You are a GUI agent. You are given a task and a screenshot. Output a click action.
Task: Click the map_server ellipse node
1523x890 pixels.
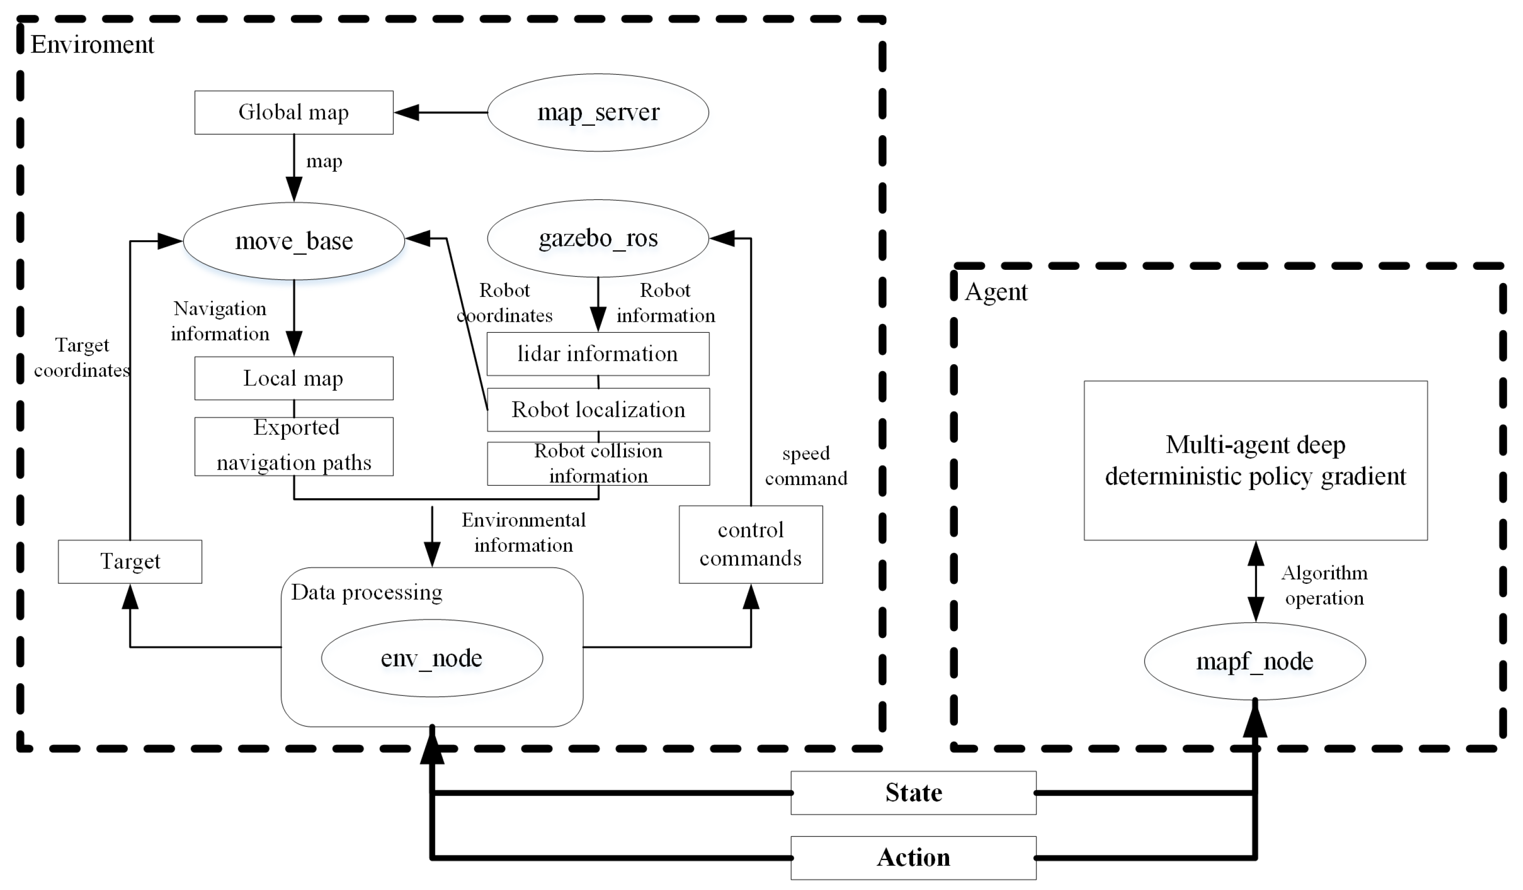pyautogui.click(x=597, y=113)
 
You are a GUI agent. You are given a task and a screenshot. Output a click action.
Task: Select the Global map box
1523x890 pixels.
pyautogui.click(x=294, y=113)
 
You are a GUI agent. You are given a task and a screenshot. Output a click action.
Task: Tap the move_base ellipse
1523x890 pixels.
pyautogui.click(x=294, y=241)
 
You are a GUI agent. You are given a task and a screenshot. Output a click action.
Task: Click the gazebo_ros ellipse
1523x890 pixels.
pyautogui.click(x=597, y=239)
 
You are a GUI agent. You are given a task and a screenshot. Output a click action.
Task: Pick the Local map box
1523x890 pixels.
pyautogui.click(x=294, y=378)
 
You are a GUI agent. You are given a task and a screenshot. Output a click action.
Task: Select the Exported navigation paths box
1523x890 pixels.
pyautogui.click(x=294, y=447)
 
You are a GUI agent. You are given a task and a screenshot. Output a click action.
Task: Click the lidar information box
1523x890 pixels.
pyautogui.click(x=597, y=354)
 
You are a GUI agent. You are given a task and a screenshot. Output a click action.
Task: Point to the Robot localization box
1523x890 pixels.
pyautogui.click(x=597, y=410)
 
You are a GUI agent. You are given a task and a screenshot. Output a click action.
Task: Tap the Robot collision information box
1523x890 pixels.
pyautogui.click(x=597, y=463)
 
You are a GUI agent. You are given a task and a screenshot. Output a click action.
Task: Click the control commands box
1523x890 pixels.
pyautogui.click(x=750, y=545)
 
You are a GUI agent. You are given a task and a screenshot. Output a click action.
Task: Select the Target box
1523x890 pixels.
pyautogui.click(x=130, y=561)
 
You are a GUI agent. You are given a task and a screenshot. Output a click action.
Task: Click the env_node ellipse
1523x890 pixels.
pyautogui.click(x=431, y=658)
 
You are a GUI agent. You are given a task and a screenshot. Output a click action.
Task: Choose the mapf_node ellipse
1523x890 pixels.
pyautogui.click(x=1254, y=661)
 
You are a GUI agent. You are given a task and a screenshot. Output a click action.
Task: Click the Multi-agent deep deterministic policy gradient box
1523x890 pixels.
pyautogui.click(x=1255, y=460)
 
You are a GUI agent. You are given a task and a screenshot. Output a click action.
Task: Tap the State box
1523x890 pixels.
pyautogui.click(x=913, y=793)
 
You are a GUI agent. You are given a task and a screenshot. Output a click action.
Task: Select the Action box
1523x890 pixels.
pyautogui.click(x=913, y=858)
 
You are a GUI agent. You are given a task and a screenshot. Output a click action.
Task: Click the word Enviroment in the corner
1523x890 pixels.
pyautogui.click(x=92, y=45)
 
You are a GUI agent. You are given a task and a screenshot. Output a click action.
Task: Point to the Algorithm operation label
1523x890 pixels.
pyautogui.click(x=1323, y=585)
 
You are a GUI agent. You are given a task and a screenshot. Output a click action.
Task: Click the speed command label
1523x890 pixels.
pyautogui.click(x=805, y=466)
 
